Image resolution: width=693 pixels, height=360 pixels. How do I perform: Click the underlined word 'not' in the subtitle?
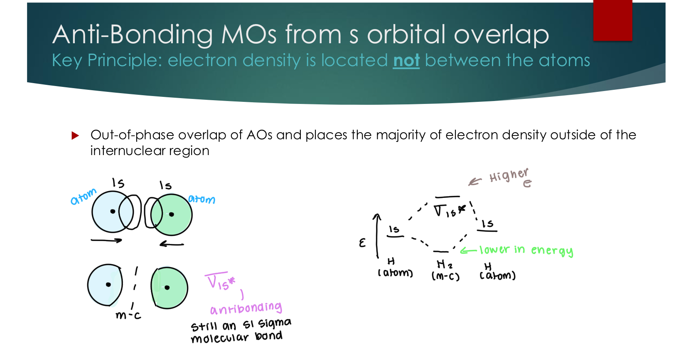click(x=406, y=61)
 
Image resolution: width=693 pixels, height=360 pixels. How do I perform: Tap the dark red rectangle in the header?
click(x=612, y=20)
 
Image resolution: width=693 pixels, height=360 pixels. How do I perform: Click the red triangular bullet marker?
click(x=75, y=136)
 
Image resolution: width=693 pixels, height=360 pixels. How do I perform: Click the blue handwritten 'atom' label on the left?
click(x=83, y=197)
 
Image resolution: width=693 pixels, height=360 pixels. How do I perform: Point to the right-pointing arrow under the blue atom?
click(x=106, y=240)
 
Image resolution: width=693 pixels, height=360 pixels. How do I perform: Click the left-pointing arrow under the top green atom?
click(x=172, y=244)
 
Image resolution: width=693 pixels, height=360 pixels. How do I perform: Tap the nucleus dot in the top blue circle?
click(x=113, y=212)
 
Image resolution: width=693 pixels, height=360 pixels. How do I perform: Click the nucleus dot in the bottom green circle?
click(x=167, y=288)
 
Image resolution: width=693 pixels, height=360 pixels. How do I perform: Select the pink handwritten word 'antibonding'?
click(x=246, y=308)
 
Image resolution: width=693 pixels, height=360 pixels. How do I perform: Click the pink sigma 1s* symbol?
click(x=220, y=282)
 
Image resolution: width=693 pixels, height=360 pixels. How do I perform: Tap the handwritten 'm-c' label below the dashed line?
click(x=128, y=316)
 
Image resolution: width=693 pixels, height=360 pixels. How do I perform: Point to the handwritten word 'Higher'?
click(x=509, y=175)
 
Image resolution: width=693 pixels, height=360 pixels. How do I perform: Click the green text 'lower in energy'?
click(x=526, y=250)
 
